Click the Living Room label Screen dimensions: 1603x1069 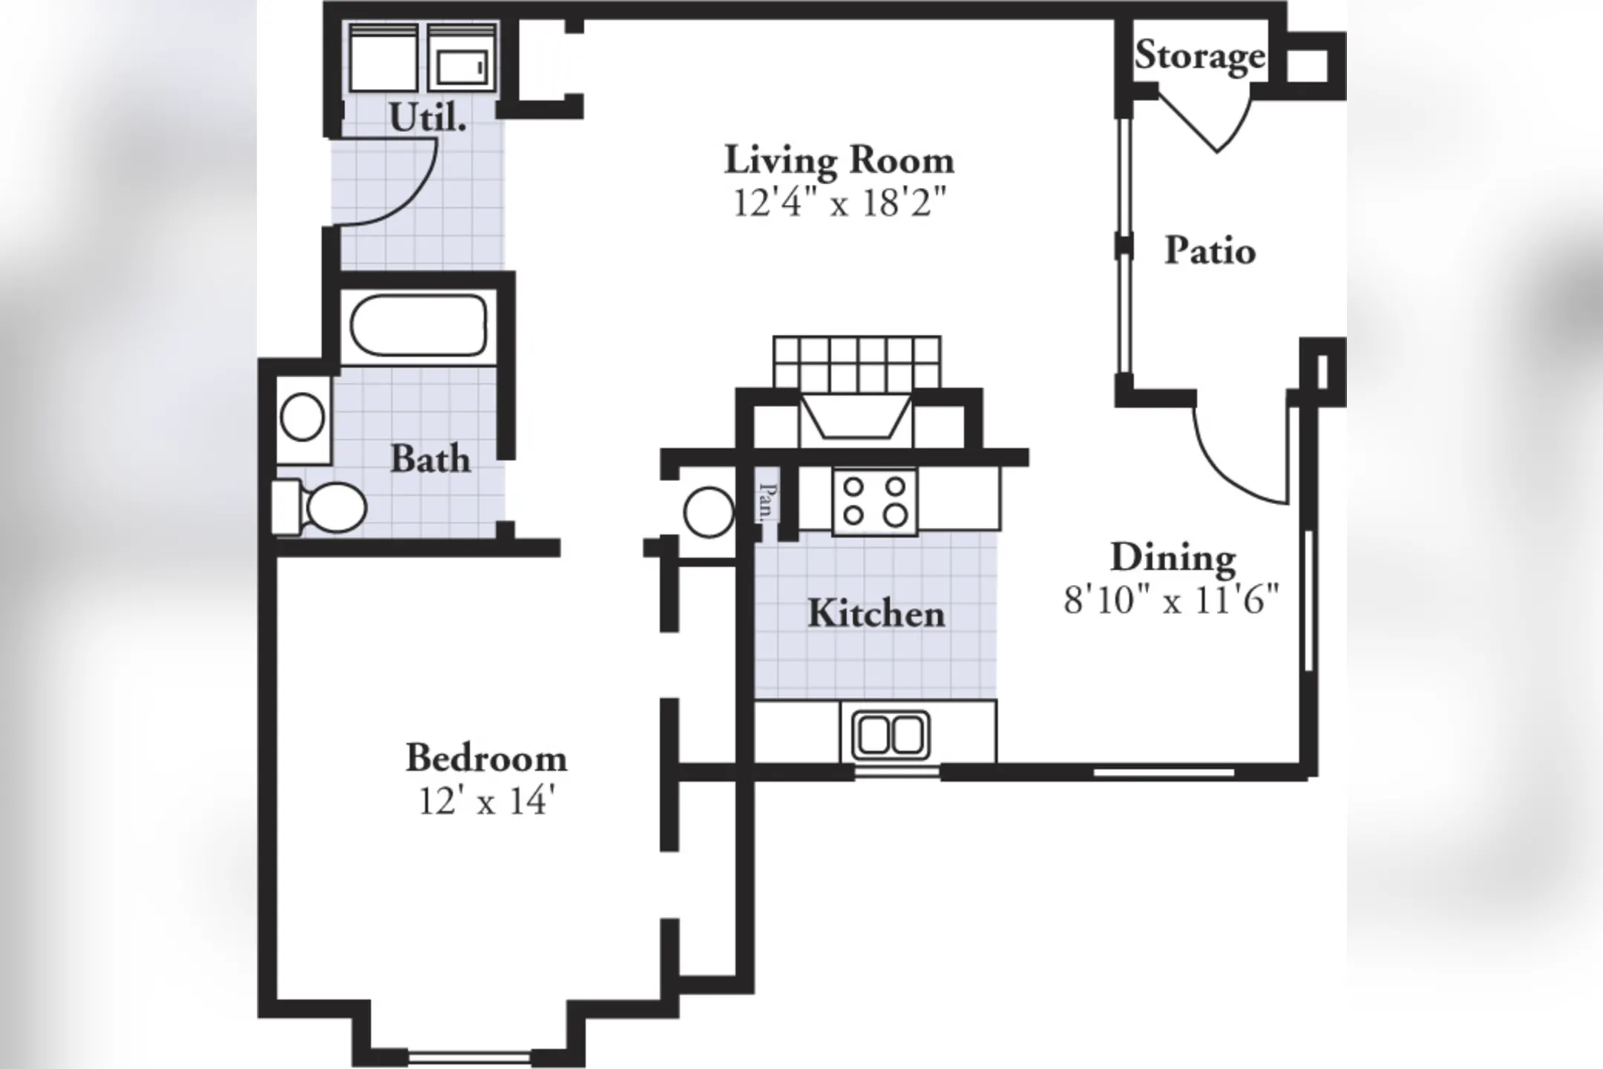pos(839,160)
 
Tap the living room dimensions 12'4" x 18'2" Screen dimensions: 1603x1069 pos(840,202)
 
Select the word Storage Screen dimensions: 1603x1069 pos(1200,56)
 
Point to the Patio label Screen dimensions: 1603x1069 pos(1210,250)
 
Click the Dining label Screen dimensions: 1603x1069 pos(1173,558)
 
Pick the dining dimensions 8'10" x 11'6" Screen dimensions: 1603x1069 pos(1172,599)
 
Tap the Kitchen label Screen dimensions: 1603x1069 pos(876,613)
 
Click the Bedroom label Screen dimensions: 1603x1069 pos(486,758)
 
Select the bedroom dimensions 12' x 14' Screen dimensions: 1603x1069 pos(487,800)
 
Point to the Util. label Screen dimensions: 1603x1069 pos(427,117)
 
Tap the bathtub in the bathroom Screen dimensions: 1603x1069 pos(419,326)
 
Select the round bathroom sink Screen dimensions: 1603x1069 pos(303,417)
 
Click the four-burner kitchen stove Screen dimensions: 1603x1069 pos(875,501)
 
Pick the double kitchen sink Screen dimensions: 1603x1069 pos(891,735)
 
